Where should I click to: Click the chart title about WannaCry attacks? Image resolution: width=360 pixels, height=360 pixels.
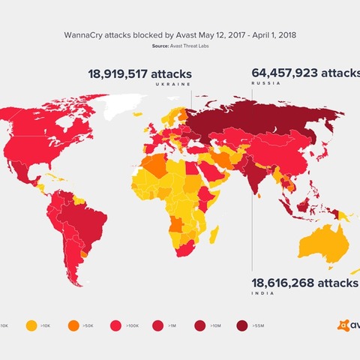(180, 34)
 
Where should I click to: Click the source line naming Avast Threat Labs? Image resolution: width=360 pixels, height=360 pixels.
(180, 46)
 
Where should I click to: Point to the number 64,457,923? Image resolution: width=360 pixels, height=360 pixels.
(304, 73)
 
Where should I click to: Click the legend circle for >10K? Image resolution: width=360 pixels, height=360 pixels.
(31, 325)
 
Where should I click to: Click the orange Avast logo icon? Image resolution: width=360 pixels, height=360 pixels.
(343, 325)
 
